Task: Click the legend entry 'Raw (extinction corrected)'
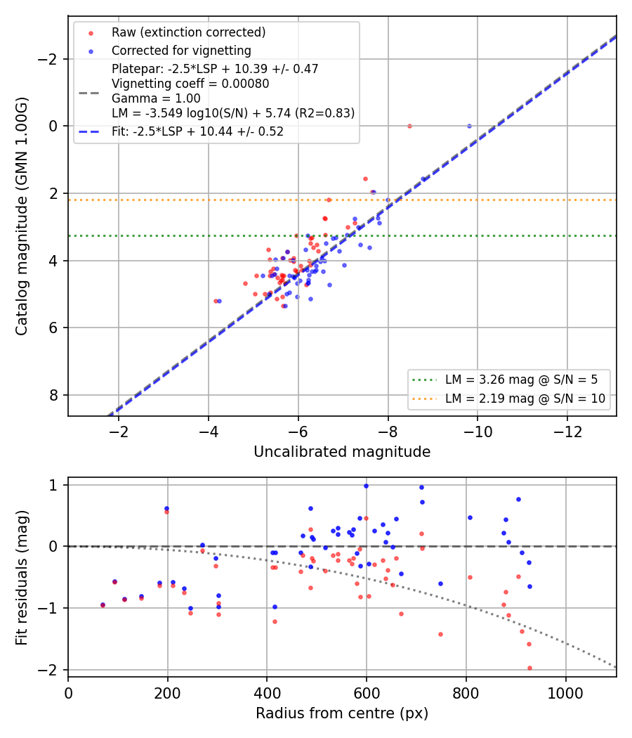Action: coord(189,32)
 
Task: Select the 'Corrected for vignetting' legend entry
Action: coord(181,51)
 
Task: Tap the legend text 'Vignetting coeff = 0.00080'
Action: coord(190,84)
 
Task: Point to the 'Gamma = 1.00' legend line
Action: coord(156,98)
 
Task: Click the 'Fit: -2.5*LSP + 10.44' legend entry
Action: coord(197,131)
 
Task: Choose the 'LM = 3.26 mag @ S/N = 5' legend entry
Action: coord(522,380)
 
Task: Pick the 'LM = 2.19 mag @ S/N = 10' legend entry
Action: coord(525,399)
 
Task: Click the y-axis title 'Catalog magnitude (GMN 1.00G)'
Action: coord(22,216)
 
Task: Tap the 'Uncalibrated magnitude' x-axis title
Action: coord(342,452)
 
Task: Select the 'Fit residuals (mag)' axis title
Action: coord(22,578)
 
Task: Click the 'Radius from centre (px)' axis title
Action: coord(342,713)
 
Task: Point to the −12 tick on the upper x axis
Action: coord(567,432)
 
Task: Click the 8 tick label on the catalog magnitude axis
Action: coord(53,395)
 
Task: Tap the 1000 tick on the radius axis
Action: coord(565,693)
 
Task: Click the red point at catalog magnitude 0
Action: coord(409,126)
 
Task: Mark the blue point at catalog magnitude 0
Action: coord(469,126)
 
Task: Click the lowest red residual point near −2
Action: coord(529,668)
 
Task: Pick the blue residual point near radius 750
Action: coord(440,583)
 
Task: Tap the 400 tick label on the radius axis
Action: coord(267,693)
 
